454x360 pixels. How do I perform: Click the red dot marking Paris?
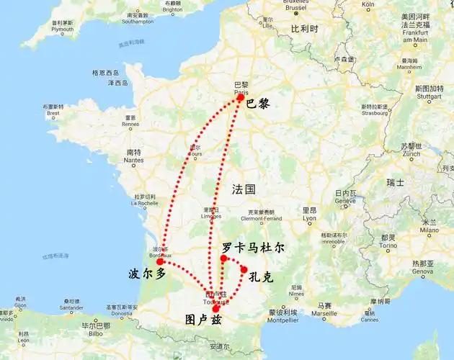coord(240,97)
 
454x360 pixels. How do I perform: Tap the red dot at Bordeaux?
coord(159,262)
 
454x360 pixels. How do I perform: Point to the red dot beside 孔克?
coord(244,269)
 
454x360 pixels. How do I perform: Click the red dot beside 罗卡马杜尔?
coord(224,258)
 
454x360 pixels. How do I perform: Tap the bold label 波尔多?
coord(147,275)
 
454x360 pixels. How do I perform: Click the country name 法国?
coord(244,189)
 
